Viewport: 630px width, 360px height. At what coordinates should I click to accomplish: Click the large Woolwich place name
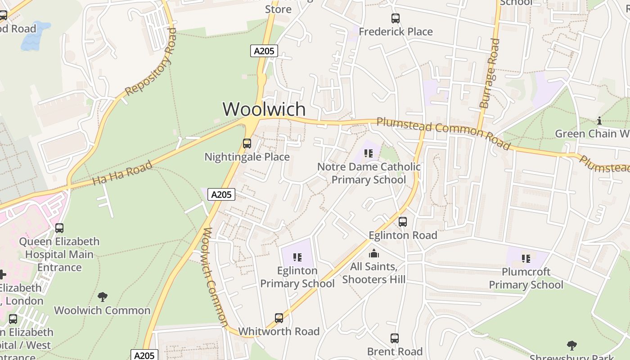(x=264, y=109)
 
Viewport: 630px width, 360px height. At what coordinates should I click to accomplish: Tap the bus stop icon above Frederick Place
(x=395, y=18)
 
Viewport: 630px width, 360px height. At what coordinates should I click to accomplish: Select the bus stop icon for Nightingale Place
(x=247, y=144)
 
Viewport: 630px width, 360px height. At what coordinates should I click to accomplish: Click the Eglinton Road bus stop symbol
(x=403, y=222)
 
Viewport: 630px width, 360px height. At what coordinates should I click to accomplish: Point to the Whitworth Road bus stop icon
(x=279, y=318)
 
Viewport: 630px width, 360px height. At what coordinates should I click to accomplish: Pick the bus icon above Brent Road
(x=395, y=338)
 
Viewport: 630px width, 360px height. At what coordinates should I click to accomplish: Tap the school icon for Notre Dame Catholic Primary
(x=369, y=153)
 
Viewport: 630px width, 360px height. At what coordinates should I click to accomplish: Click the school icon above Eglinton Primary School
(x=297, y=257)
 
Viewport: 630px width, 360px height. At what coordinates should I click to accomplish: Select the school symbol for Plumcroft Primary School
(x=526, y=259)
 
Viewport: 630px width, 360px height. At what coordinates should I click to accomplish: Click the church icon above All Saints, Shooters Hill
(x=374, y=253)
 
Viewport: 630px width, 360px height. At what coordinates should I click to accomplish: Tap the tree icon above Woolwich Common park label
(x=103, y=297)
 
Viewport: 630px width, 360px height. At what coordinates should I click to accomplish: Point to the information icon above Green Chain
(x=599, y=121)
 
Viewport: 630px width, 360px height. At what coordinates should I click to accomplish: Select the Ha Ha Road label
(x=122, y=174)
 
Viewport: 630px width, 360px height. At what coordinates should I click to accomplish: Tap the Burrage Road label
(x=490, y=73)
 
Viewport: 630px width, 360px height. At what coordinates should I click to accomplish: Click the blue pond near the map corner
(x=35, y=36)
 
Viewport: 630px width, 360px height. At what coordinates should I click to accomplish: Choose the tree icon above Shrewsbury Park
(x=572, y=346)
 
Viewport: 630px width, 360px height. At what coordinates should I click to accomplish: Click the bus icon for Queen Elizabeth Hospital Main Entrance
(x=59, y=228)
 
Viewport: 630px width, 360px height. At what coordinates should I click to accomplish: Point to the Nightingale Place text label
(x=247, y=157)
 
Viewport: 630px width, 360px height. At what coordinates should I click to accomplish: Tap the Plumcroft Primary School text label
(x=526, y=279)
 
